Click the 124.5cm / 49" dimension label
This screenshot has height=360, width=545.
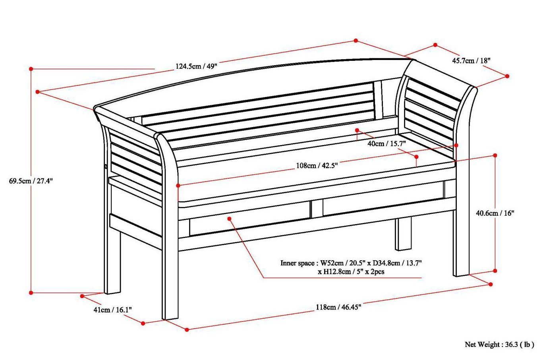click(x=197, y=66)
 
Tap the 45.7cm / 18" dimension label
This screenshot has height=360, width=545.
click(x=472, y=60)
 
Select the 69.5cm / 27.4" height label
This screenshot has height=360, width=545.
click(x=31, y=181)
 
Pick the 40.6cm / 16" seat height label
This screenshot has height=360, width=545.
click(x=495, y=213)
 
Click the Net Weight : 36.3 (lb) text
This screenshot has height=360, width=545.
click(x=499, y=345)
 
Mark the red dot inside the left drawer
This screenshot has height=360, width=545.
click(x=229, y=218)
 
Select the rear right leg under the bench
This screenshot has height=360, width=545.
click(x=402, y=234)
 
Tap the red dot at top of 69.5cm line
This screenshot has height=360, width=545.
click(x=31, y=69)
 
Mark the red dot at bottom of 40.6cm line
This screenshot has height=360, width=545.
click(x=495, y=271)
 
